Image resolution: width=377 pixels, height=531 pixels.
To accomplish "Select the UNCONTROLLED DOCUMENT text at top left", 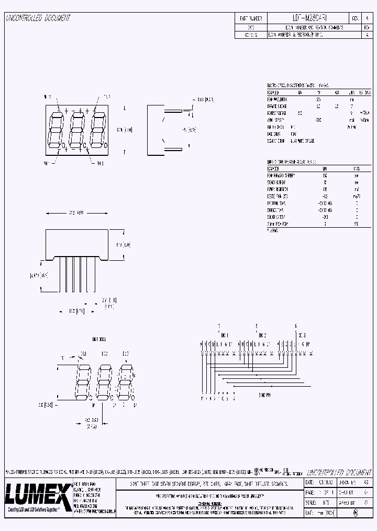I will (x=38, y=18).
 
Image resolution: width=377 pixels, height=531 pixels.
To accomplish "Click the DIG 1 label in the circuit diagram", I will (x=225, y=335).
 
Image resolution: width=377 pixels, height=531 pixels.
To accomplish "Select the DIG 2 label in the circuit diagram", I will (x=262, y=335).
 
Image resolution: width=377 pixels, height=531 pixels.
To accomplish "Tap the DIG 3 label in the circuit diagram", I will (x=301, y=335).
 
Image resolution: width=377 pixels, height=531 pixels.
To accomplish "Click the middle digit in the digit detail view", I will (x=104, y=382).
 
